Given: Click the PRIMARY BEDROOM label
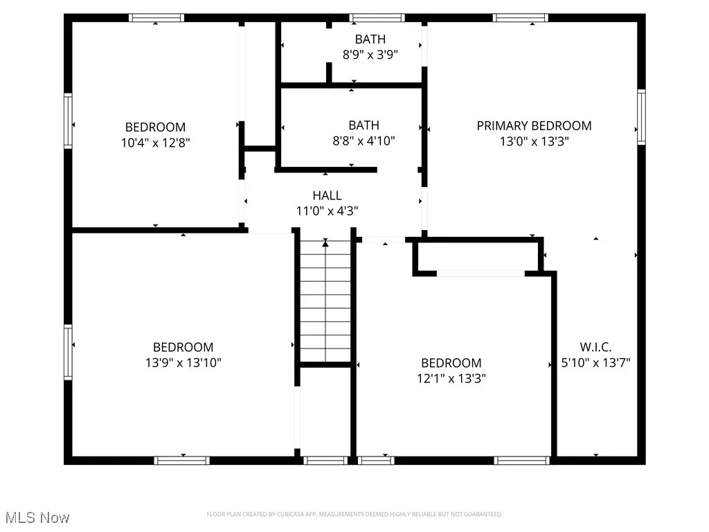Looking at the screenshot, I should coord(534,125).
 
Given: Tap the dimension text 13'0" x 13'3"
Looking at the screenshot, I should coord(534,141).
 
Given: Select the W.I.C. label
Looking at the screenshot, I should coord(595,347).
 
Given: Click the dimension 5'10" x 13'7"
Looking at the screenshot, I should coord(595,362).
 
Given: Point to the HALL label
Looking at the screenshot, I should coord(327,196).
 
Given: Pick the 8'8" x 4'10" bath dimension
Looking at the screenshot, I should coord(364,141).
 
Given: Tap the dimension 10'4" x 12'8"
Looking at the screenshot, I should coord(155,143).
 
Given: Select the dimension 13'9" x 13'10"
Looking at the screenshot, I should coord(183,362).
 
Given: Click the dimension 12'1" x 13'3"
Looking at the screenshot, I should coord(451,378).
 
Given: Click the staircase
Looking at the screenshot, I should coord(325,301).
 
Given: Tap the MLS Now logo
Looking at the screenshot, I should coord(36,517).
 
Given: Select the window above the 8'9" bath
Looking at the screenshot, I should coord(377,18).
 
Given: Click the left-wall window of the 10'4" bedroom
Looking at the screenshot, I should coord(68,121).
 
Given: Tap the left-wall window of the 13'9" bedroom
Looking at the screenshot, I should coord(68,353).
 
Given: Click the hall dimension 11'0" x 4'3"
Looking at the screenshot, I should coord(327,211).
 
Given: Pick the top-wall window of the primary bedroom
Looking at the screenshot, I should coord(521,18).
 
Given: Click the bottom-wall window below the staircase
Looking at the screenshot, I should coord(325,460).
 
